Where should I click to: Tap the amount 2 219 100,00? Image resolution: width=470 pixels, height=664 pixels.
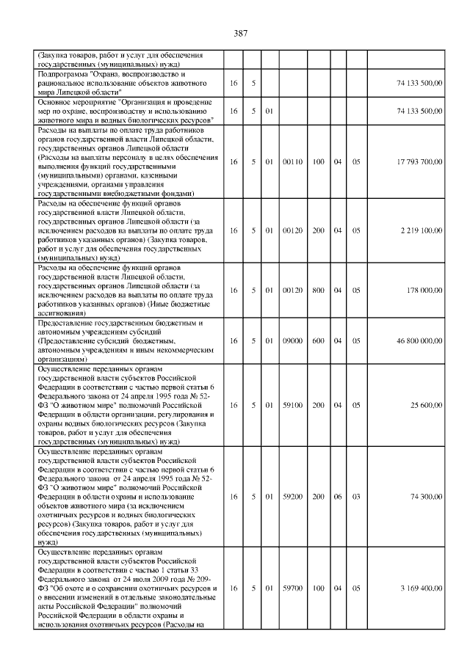[x=422, y=230]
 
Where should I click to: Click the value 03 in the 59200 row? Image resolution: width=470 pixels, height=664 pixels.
[x=356, y=497]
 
